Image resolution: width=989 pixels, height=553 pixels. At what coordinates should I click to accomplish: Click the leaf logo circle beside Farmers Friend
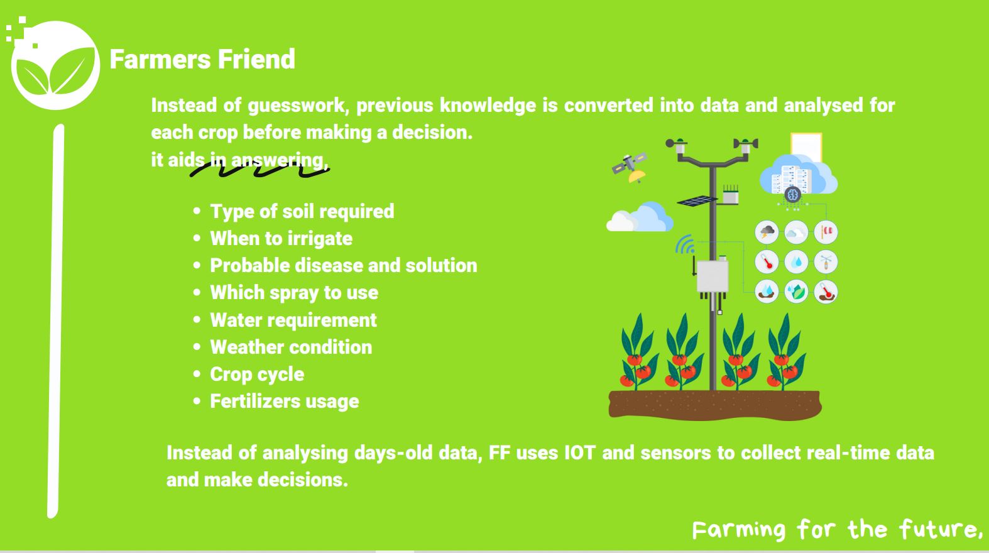tap(55, 65)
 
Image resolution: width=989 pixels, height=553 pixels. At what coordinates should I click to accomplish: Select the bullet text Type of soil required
tap(302, 211)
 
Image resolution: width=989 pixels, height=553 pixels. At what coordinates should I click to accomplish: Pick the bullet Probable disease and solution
tap(343, 265)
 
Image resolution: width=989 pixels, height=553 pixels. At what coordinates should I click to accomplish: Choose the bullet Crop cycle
tap(256, 374)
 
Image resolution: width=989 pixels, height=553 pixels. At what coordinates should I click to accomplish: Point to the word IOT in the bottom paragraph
tap(579, 452)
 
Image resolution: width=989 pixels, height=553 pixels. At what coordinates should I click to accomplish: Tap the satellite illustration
tap(630, 167)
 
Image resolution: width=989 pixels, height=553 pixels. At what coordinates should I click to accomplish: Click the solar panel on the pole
tap(697, 200)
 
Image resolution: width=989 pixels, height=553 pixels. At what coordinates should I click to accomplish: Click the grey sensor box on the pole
tap(713, 277)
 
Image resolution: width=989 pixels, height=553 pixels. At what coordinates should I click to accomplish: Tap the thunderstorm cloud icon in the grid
tap(767, 233)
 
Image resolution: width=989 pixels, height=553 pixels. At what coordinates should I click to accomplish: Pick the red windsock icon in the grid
tap(826, 233)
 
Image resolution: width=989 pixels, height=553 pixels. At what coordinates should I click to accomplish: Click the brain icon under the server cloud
tap(793, 195)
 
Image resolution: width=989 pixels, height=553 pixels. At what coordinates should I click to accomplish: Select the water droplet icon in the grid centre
tap(796, 261)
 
